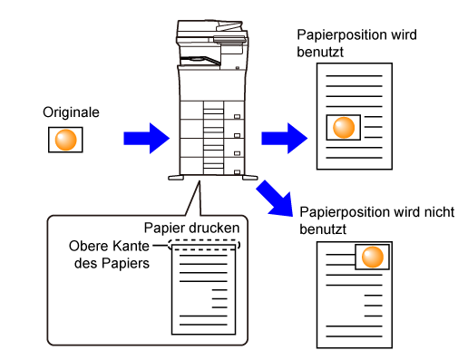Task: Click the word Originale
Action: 71,112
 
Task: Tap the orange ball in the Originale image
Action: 65,140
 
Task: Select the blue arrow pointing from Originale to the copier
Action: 146,139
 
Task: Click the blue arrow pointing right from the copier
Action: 284,139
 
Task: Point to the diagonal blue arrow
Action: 275,199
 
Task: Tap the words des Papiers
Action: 112,263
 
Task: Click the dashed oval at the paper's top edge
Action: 204,245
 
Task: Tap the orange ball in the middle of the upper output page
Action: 344,128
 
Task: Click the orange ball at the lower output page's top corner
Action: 373,257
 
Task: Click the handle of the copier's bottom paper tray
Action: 237,172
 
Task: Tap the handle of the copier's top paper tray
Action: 237,116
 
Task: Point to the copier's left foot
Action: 176,178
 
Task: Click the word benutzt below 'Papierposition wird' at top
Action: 320,52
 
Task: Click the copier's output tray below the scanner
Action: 200,61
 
